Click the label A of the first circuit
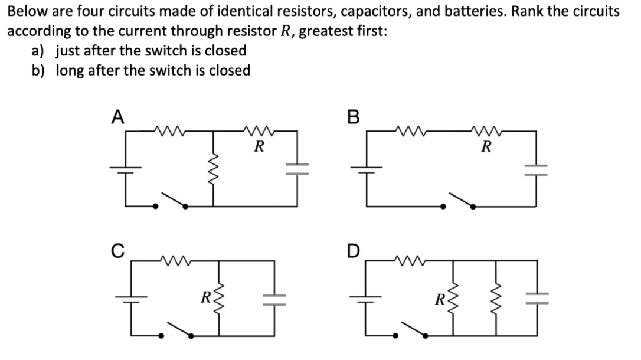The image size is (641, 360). coord(117,118)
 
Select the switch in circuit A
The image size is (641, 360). coord(171,201)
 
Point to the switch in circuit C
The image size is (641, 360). coord(177,330)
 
